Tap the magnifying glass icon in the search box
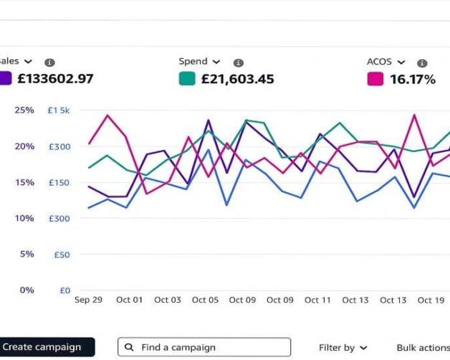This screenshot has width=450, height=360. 129,347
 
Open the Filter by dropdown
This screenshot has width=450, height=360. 343,348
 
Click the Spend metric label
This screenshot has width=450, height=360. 193,62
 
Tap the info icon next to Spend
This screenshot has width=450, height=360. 239,63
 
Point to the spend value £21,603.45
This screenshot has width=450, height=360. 238,79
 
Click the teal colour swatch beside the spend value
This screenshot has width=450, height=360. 186,79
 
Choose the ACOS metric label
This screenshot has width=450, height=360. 380,62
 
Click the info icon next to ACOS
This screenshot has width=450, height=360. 422,63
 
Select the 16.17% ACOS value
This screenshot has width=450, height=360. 413,79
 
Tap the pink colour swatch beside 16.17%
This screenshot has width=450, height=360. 375,79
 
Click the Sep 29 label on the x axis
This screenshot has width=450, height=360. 88,300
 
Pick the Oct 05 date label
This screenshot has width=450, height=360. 205,300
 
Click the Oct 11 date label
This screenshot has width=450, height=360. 317,300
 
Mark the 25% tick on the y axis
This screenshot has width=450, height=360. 24,110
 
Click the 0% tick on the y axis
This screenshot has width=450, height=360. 27,290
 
